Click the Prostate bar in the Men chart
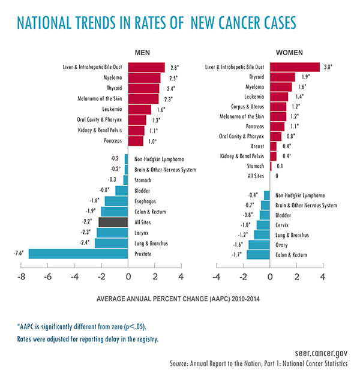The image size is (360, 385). click(78, 254)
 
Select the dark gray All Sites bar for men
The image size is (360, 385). click(113, 222)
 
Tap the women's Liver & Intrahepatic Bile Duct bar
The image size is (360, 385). click(295, 67)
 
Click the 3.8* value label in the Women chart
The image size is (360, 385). click(329, 67)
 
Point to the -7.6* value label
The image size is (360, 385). click(20, 254)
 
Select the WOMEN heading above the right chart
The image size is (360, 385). click(289, 53)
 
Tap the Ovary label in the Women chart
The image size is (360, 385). click(281, 245)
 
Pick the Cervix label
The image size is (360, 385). click(283, 224)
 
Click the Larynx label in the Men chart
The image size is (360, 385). click(143, 233)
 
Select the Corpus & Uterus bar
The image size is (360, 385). click(278, 107)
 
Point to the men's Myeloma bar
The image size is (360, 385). click(144, 78)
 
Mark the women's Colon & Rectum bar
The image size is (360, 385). click(258, 255)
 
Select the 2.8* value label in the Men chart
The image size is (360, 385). click(174, 67)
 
